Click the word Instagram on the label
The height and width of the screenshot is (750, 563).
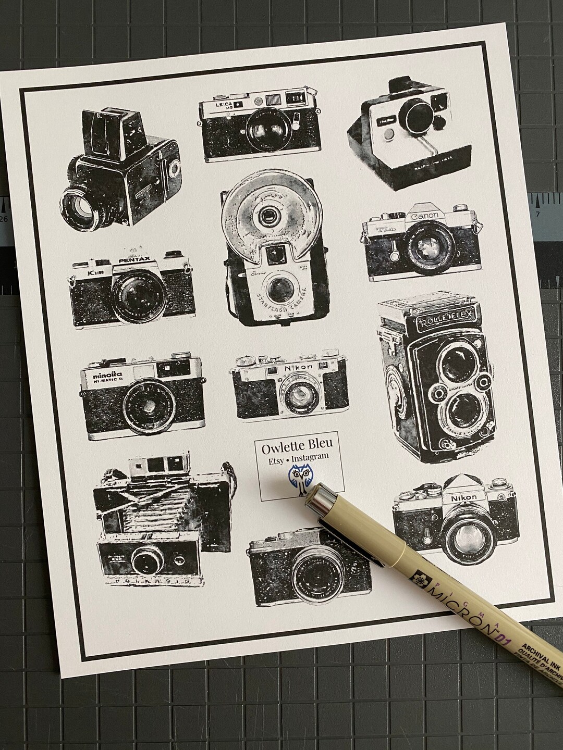pyautogui.click(x=311, y=457)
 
